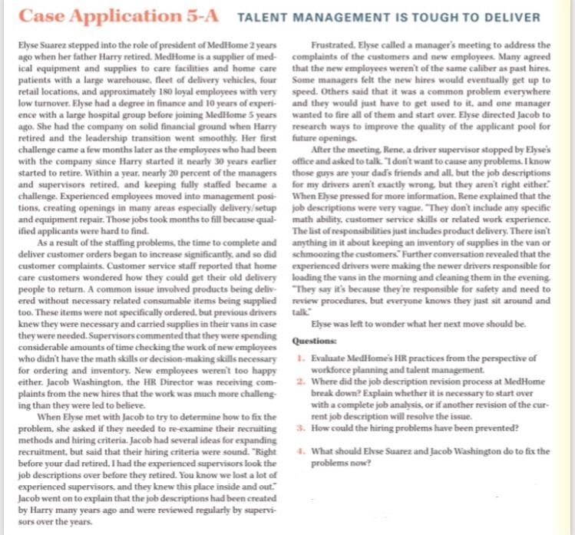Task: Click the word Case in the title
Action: (39, 16)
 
